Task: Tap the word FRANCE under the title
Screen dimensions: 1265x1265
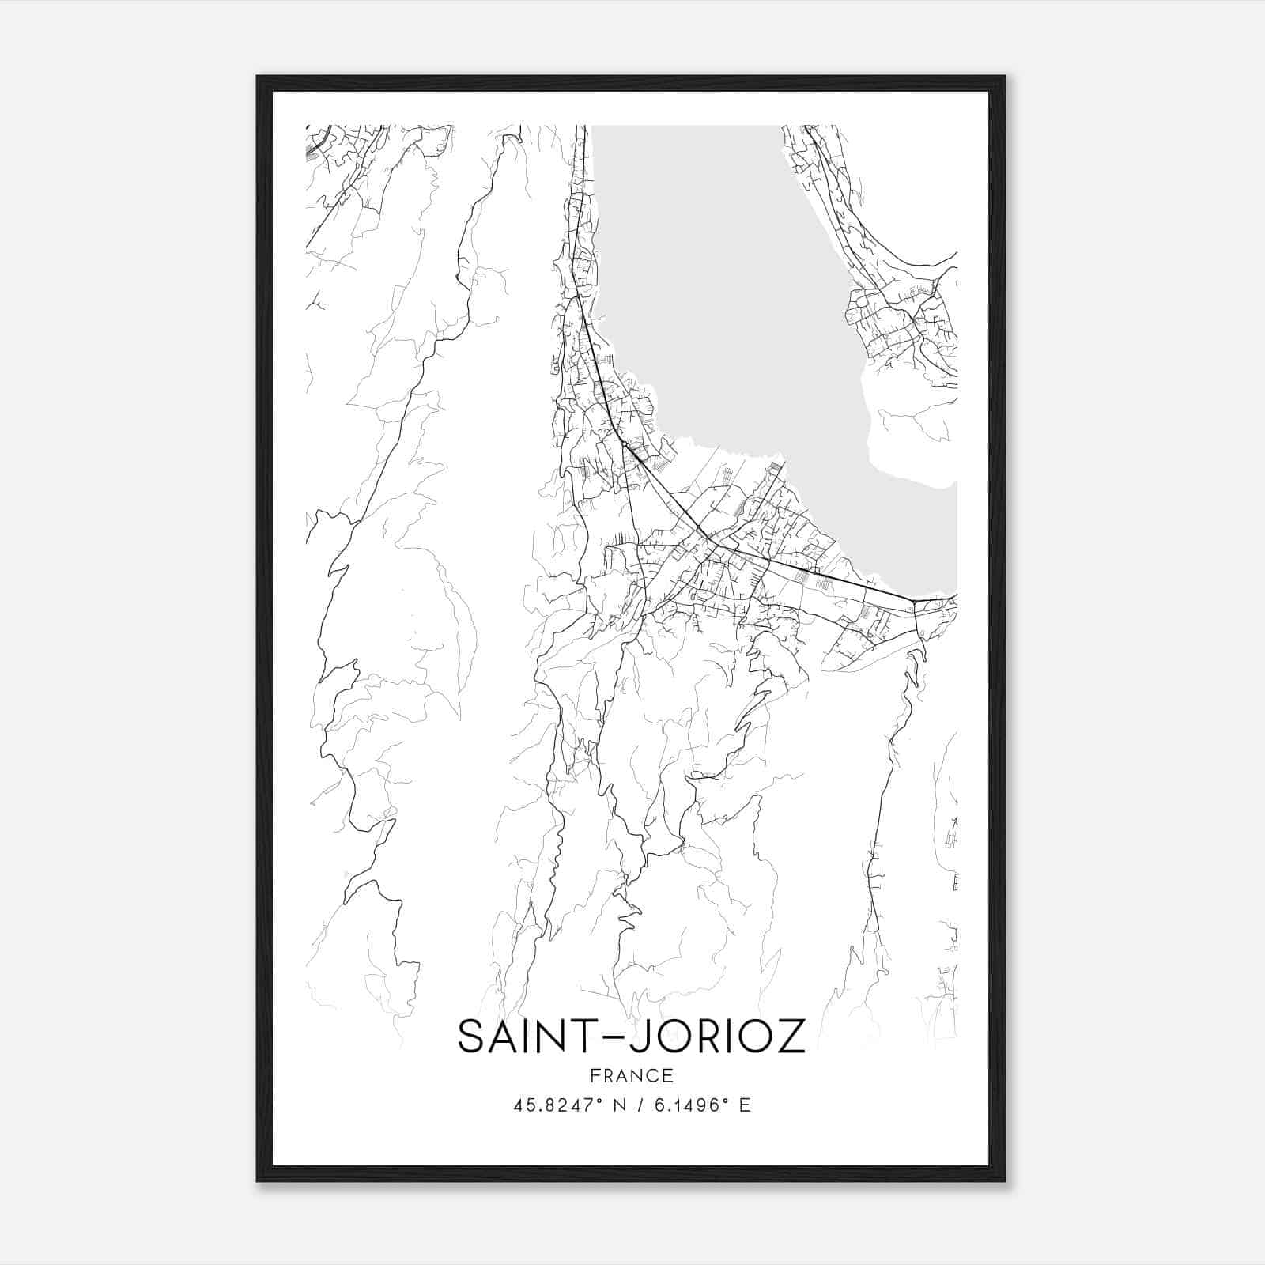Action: pyautogui.click(x=631, y=1075)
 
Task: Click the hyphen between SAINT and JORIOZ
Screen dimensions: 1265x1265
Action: pyautogui.click(x=612, y=1037)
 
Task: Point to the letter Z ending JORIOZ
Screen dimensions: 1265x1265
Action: pyautogui.click(x=790, y=1037)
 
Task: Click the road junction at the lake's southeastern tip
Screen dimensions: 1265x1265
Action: pyautogui.click(x=915, y=602)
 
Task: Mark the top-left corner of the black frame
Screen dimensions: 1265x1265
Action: pyautogui.click(x=259, y=77)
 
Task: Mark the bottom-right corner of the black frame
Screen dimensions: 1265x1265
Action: pyautogui.click(x=1004, y=1180)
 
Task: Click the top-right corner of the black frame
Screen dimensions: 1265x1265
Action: pyautogui.click(x=1004, y=77)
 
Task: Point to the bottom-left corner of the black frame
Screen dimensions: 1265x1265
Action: pyautogui.click(x=259, y=1180)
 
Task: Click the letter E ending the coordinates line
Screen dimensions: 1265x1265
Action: pyautogui.click(x=744, y=1105)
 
